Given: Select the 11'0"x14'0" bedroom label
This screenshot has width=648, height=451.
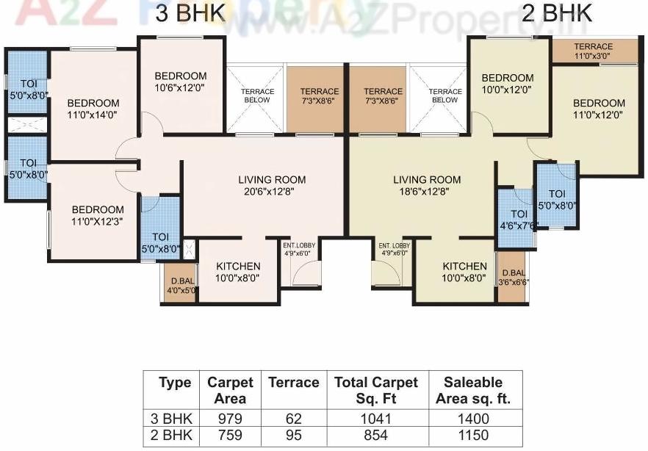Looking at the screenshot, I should click(x=93, y=108).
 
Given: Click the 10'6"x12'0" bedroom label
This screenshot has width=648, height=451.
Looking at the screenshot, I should click(x=180, y=82).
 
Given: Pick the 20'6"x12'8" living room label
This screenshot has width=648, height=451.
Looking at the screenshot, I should click(x=272, y=185).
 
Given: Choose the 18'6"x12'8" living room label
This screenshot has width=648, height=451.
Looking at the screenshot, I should click(x=427, y=185).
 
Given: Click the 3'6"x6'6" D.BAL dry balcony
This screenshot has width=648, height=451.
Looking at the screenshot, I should click(x=513, y=276).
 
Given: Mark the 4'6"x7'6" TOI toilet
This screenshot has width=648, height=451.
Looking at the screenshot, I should click(x=518, y=220).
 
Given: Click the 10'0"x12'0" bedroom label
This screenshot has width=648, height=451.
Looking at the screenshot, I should click(x=508, y=83).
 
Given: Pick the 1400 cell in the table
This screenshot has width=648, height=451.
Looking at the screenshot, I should click(x=473, y=419).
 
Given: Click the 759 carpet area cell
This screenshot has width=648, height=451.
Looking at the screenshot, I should click(x=230, y=434).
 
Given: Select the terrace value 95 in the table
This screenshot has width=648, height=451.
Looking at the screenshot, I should click(x=293, y=434).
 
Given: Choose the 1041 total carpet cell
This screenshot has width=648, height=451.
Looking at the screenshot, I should click(x=375, y=419).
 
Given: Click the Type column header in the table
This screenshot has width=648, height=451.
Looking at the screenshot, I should click(x=175, y=383).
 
